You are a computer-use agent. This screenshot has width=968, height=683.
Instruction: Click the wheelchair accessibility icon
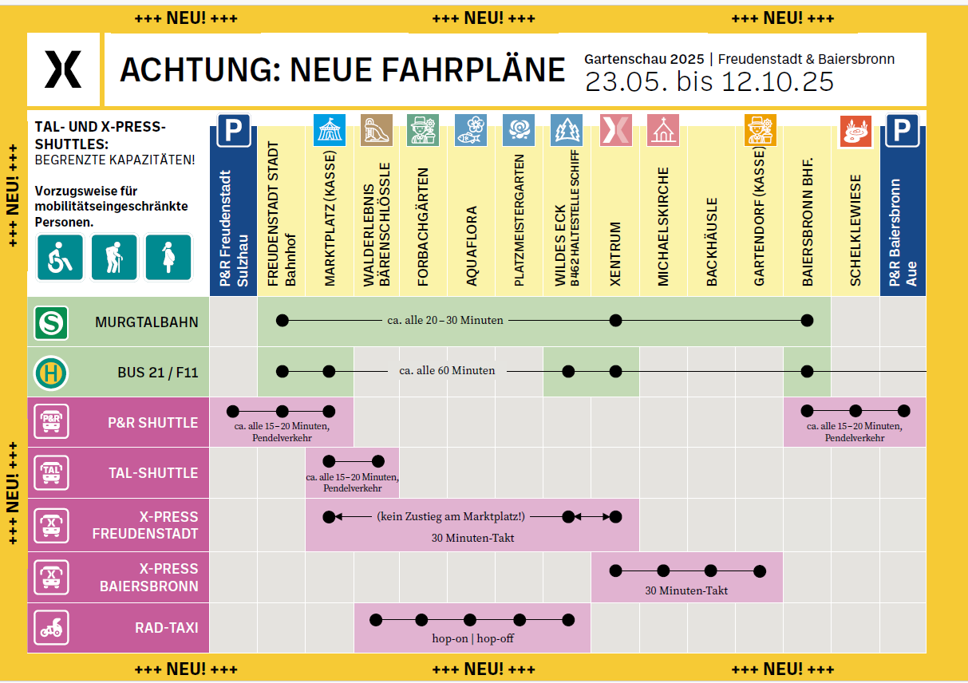coord(60,258)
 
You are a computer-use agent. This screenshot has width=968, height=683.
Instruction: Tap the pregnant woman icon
coord(168,258)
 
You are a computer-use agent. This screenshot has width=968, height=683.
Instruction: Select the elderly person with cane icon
coord(114,258)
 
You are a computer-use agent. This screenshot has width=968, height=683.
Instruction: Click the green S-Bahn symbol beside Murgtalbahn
coord(51,322)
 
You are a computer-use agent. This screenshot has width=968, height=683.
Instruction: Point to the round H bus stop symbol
coord(51,373)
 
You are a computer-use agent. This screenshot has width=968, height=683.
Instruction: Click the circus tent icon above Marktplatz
coord(330,130)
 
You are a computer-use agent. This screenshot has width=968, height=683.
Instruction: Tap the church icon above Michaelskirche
coord(663,130)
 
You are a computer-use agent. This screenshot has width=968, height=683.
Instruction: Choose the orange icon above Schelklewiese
coord(855,132)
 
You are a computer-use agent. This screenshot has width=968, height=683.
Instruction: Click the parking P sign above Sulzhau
coord(233,130)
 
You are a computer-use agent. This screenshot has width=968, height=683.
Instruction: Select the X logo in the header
coord(63,69)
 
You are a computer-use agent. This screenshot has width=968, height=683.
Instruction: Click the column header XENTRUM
coord(615,254)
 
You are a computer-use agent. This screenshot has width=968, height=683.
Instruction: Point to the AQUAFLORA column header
coord(472,246)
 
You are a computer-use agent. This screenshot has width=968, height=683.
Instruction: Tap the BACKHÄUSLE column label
coord(712,242)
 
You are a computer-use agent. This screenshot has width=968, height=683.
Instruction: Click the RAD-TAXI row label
coord(166,628)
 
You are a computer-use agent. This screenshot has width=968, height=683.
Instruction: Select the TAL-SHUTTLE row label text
coord(153,473)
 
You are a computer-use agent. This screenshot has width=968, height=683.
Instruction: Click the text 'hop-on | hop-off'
coord(472,638)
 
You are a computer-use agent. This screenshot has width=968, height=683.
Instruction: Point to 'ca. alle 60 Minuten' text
coord(447,371)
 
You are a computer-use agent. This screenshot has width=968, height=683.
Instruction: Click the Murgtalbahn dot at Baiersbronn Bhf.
coord(807,321)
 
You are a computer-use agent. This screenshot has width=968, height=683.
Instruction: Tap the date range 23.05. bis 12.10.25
coord(709,81)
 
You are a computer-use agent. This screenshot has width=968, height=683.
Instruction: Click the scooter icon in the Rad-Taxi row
coord(51,628)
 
